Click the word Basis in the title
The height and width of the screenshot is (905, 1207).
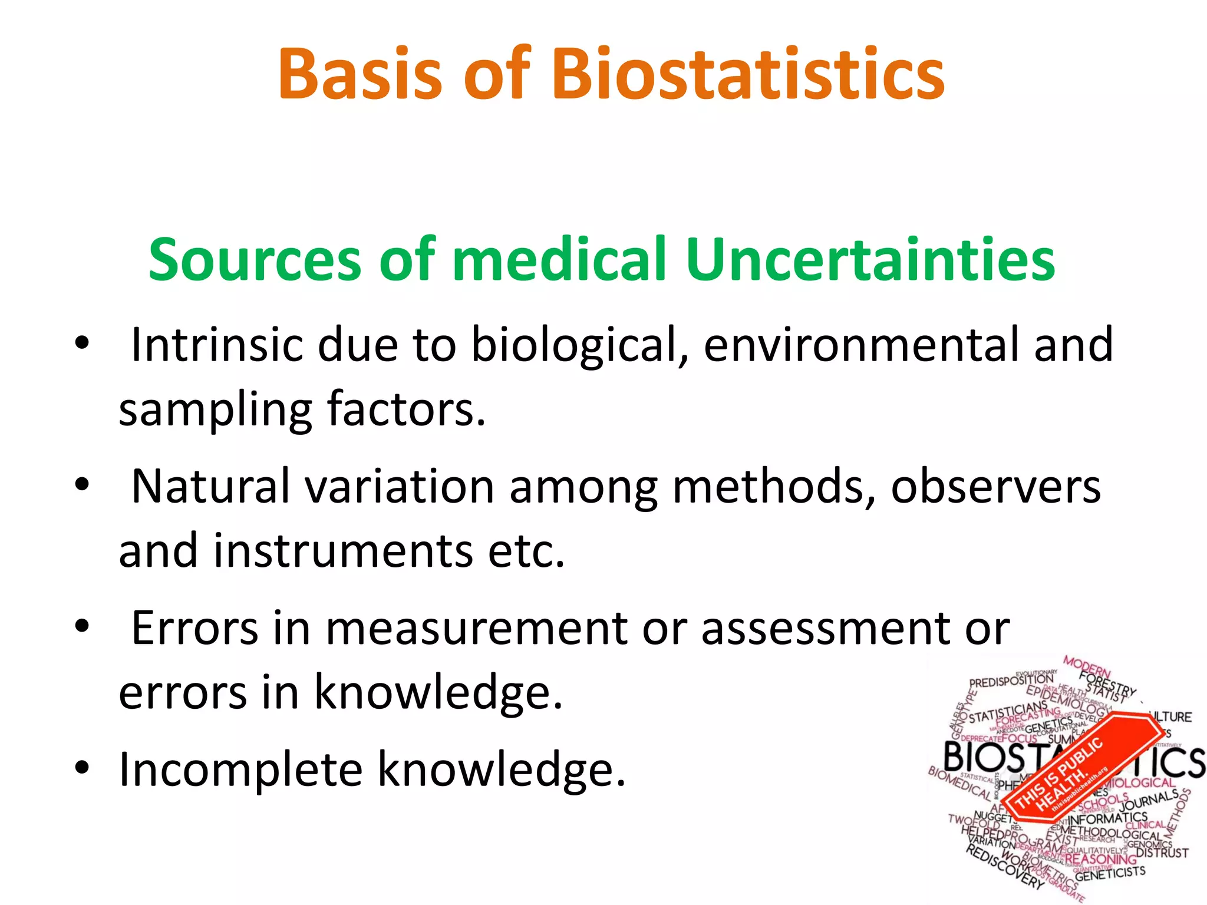pyautogui.click(x=360, y=75)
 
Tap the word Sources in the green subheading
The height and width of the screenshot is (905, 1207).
pyautogui.click(x=255, y=260)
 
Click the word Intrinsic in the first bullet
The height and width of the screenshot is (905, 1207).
pyautogui.click(x=217, y=345)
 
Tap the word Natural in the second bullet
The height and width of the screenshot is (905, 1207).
pyautogui.click(x=210, y=487)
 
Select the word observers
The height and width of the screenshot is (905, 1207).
pyautogui.click(x=995, y=487)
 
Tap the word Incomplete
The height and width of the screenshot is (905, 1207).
pyautogui.click(x=240, y=769)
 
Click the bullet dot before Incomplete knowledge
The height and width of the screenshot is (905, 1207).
pyautogui.click(x=82, y=768)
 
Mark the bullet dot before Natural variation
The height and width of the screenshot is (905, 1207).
pyautogui.click(x=82, y=485)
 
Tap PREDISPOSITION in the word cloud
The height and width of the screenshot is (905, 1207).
pyautogui.click(x=1011, y=681)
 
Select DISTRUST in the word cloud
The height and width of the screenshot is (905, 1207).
pyautogui.click(x=1162, y=853)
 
